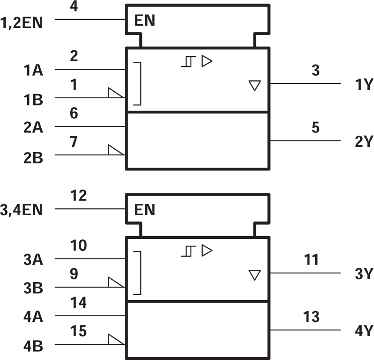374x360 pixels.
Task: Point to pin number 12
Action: pyautogui.click(x=79, y=195)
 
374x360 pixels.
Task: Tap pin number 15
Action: pyautogui.click(x=79, y=331)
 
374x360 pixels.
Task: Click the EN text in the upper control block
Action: pyautogui.click(x=145, y=21)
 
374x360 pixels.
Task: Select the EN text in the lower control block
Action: pyautogui.click(x=145, y=210)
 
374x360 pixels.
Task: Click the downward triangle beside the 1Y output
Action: pyautogui.click(x=255, y=85)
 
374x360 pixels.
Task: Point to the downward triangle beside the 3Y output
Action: pyautogui.click(x=255, y=275)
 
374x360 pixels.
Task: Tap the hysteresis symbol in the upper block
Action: pyautogui.click(x=188, y=61)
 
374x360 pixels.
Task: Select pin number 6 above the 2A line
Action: pyautogui.click(x=74, y=114)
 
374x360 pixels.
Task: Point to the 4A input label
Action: pyautogui.click(x=34, y=317)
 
